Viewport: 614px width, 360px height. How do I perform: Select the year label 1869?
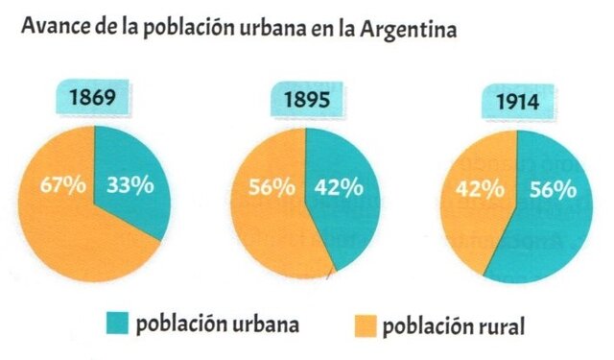tap(94, 99)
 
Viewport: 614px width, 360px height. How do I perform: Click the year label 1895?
tap(305, 99)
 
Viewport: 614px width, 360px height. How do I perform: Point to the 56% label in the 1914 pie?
tap(549, 189)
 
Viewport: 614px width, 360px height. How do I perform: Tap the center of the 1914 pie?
tap(516, 206)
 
